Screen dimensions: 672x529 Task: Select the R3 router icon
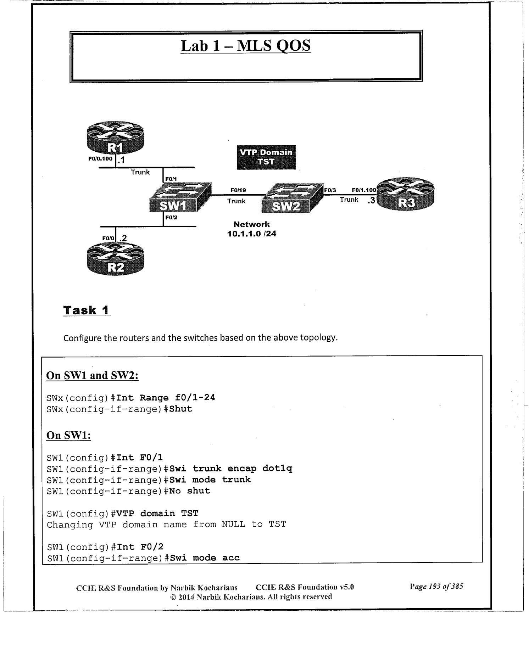pyautogui.click(x=405, y=194)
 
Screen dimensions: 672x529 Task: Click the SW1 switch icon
pyautogui.click(x=180, y=197)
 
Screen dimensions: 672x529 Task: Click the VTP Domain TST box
pyautogui.click(x=266, y=157)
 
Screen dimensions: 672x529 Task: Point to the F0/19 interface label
pyautogui.click(x=238, y=190)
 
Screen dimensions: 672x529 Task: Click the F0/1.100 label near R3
pyautogui.click(x=364, y=190)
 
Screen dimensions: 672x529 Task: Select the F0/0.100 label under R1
pyautogui.click(x=100, y=158)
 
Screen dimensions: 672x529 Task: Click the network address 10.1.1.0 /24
pyautogui.click(x=251, y=234)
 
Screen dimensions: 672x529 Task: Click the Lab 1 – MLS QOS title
pyautogui.click(x=245, y=46)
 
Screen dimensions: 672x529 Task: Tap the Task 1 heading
pyautogui.click(x=86, y=310)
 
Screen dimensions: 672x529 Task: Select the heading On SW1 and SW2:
pyautogui.click(x=92, y=375)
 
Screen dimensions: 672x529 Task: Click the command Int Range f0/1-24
pyautogui.click(x=166, y=398)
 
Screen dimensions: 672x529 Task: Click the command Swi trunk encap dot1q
pyautogui.click(x=231, y=469)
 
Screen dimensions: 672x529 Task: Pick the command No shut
pyautogui.click(x=190, y=491)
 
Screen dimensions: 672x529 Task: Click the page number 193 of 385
pyautogui.click(x=436, y=586)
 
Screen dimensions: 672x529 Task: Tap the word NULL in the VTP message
pyautogui.click(x=233, y=524)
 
